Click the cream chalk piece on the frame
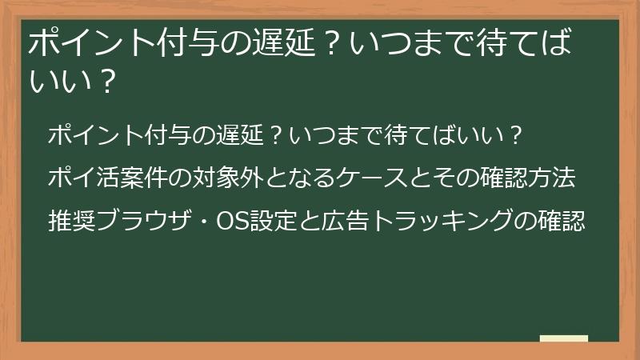click(563, 339)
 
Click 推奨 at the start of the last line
click(71, 219)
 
